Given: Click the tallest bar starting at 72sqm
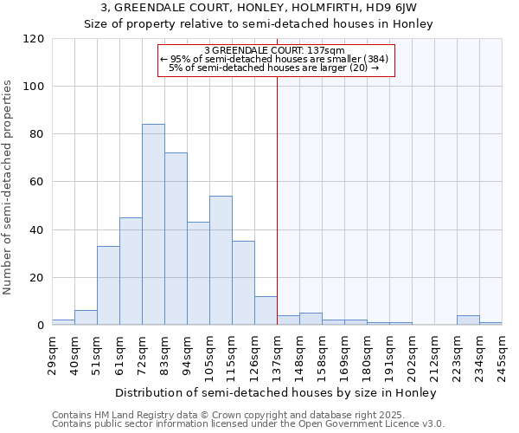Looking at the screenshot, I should click(153, 225).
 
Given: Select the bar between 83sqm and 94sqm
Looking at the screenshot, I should click(176, 239).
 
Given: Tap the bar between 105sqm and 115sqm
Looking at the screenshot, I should click(221, 261).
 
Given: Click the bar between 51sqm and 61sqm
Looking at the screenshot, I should click(108, 286).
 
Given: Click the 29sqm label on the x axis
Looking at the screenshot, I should click(52, 354).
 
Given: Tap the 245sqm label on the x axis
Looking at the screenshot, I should click(502, 354).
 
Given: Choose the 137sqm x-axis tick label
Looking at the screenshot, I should click(277, 354).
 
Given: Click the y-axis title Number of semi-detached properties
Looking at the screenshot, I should click(9, 187).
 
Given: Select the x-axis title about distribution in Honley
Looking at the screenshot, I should click(277, 392).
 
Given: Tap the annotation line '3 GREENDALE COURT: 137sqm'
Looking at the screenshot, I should click(277, 50).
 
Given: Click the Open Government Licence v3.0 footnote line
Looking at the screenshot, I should click(248, 423).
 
